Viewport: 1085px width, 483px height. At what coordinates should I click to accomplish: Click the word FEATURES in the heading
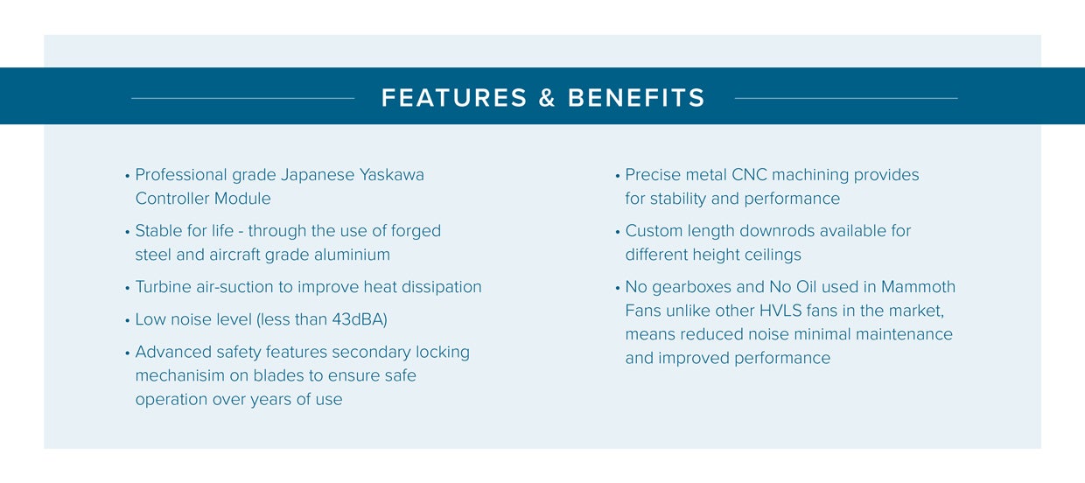(454, 97)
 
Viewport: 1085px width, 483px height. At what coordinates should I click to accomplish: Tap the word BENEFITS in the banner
(636, 97)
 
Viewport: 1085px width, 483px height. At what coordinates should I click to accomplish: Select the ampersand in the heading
(547, 97)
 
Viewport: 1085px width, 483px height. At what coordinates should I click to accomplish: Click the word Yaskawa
(391, 174)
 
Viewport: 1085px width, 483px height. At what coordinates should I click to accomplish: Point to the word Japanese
(318, 175)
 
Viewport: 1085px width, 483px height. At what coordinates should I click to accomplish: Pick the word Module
(242, 198)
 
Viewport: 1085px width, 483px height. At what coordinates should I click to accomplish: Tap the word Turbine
(164, 287)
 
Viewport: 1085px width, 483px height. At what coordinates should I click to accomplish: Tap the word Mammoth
(918, 287)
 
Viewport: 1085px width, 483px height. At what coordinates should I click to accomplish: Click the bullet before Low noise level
(128, 321)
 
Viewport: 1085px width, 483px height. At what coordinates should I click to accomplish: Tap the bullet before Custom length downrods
(618, 232)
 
